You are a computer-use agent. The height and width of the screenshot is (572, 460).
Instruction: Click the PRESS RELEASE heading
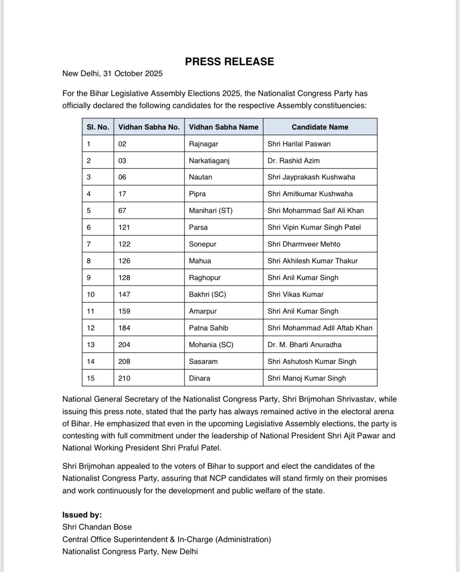[x=229, y=62]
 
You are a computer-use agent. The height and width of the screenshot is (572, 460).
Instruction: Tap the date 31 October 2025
[x=133, y=74]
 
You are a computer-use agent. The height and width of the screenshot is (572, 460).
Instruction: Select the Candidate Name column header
[x=320, y=127]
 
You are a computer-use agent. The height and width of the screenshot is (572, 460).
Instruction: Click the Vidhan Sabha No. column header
[x=149, y=127]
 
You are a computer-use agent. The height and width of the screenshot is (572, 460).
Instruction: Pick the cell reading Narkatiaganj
[x=209, y=161]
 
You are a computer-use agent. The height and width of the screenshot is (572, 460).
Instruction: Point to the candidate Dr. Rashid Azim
[x=293, y=161]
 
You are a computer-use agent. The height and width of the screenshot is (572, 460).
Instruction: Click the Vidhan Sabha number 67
[x=123, y=211]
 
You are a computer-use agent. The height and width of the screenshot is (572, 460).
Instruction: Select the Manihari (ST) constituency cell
[x=211, y=211]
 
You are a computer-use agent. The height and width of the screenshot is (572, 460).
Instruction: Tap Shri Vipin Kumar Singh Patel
[x=314, y=227]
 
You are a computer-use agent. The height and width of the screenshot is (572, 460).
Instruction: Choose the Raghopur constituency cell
[x=205, y=278]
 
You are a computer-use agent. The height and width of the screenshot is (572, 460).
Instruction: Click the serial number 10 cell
[x=91, y=294]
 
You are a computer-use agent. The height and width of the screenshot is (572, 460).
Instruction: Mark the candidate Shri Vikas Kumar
[x=295, y=294]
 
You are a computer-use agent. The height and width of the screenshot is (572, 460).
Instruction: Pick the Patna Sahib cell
[x=209, y=328]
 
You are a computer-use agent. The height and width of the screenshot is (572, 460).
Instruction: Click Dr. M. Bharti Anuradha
[x=304, y=345]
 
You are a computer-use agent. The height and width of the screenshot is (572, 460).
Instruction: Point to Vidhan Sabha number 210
[x=124, y=378]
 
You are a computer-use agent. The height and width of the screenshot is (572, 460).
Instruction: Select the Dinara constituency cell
[x=199, y=378]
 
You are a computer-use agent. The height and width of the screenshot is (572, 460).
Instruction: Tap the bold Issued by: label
[x=82, y=515]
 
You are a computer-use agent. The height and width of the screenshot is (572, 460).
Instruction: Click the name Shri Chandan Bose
[x=97, y=527]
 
